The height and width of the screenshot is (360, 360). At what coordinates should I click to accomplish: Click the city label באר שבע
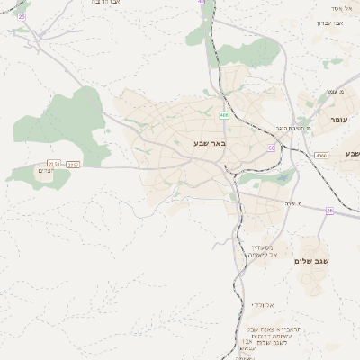(x=208, y=143)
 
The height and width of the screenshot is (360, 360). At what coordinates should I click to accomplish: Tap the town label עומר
(x=338, y=120)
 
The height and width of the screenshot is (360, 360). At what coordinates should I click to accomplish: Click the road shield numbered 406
(x=223, y=115)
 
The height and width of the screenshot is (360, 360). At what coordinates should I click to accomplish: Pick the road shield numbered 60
(x=271, y=148)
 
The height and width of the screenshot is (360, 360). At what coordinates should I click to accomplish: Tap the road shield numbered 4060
(x=321, y=156)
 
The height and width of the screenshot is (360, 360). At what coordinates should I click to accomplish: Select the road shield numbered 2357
(x=73, y=165)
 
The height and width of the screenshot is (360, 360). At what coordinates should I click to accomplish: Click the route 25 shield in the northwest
(x=22, y=17)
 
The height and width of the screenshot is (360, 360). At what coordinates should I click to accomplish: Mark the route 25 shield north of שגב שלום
(x=329, y=211)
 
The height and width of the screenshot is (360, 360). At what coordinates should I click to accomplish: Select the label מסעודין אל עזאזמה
(x=266, y=250)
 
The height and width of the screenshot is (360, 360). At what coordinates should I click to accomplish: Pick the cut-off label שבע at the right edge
(x=352, y=154)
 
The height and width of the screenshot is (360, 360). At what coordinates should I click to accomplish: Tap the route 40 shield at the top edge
(x=201, y=3)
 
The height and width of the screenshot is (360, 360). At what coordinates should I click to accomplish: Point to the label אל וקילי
(x=262, y=304)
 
